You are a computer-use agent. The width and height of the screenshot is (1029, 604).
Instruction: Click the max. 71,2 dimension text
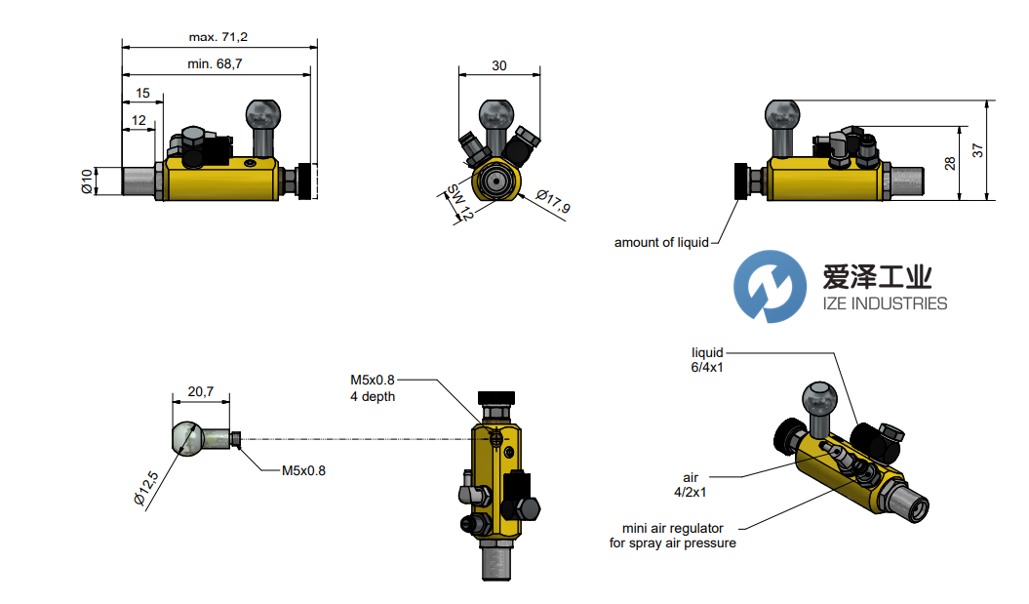click(218, 37)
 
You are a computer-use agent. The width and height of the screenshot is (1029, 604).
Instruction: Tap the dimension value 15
click(142, 94)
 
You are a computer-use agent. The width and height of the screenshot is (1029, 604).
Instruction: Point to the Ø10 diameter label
click(87, 181)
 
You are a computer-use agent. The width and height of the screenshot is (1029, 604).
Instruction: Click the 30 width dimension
click(499, 66)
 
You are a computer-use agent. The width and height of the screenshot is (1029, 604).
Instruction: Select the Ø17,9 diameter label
click(553, 206)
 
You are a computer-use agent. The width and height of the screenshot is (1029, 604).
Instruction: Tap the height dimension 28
click(951, 163)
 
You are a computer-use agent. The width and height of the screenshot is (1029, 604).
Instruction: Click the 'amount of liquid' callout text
click(661, 243)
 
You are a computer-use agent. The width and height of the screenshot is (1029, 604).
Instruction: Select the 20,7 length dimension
click(201, 391)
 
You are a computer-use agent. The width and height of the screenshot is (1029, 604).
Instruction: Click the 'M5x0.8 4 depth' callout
click(373, 387)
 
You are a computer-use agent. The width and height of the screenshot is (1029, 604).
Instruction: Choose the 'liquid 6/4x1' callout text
click(706, 360)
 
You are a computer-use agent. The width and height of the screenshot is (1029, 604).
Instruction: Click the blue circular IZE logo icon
click(770, 286)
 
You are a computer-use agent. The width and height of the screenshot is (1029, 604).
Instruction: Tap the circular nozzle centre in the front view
click(496, 181)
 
